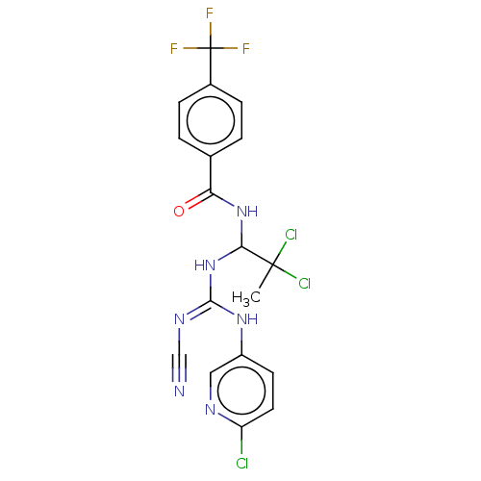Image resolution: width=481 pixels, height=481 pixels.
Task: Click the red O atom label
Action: click(x=179, y=212)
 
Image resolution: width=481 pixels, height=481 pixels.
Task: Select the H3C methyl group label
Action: click(x=246, y=298)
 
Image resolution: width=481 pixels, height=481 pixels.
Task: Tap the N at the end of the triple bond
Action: click(x=179, y=392)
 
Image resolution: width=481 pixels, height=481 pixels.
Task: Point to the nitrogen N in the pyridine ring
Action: click(x=210, y=410)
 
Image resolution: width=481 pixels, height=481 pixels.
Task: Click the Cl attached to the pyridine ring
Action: click(x=242, y=463)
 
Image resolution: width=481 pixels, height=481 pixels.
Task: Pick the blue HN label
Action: click(x=205, y=266)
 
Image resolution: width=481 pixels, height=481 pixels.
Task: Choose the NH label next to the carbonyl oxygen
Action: click(x=247, y=212)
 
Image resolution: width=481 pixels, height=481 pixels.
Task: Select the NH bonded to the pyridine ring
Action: click(x=247, y=319)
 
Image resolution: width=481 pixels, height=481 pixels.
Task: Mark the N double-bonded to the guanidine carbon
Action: click(x=179, y=319)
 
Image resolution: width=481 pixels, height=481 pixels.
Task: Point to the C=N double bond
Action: click(x=198, y=309)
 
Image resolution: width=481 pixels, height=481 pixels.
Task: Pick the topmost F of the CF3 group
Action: click(x=210, y=13)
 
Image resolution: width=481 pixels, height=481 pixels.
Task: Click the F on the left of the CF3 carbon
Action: click(x=174, y=48)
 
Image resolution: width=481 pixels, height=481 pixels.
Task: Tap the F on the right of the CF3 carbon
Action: click(x=246, y=48)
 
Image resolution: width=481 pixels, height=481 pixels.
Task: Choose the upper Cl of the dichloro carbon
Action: click(x=291, y=235)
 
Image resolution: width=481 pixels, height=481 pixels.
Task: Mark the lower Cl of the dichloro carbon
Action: click(x=305, y=284)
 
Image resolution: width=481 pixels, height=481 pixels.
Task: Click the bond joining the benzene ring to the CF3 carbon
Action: click(x=211, y=66)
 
